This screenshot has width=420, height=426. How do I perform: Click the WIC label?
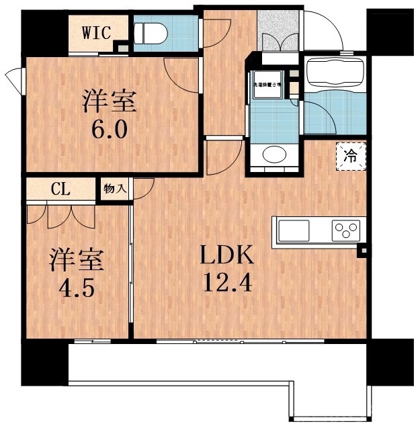tap(97, 30)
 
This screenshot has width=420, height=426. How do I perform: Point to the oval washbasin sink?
tap(273, 155)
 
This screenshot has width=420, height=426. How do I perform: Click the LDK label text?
tap(227, 256)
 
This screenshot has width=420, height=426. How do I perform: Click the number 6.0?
tap(110, 129)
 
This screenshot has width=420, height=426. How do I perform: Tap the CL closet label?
tap(59, 189)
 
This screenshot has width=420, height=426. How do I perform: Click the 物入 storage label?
tap(115, 189)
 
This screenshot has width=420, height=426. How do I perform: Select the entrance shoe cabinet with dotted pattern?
tap(278, 30)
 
